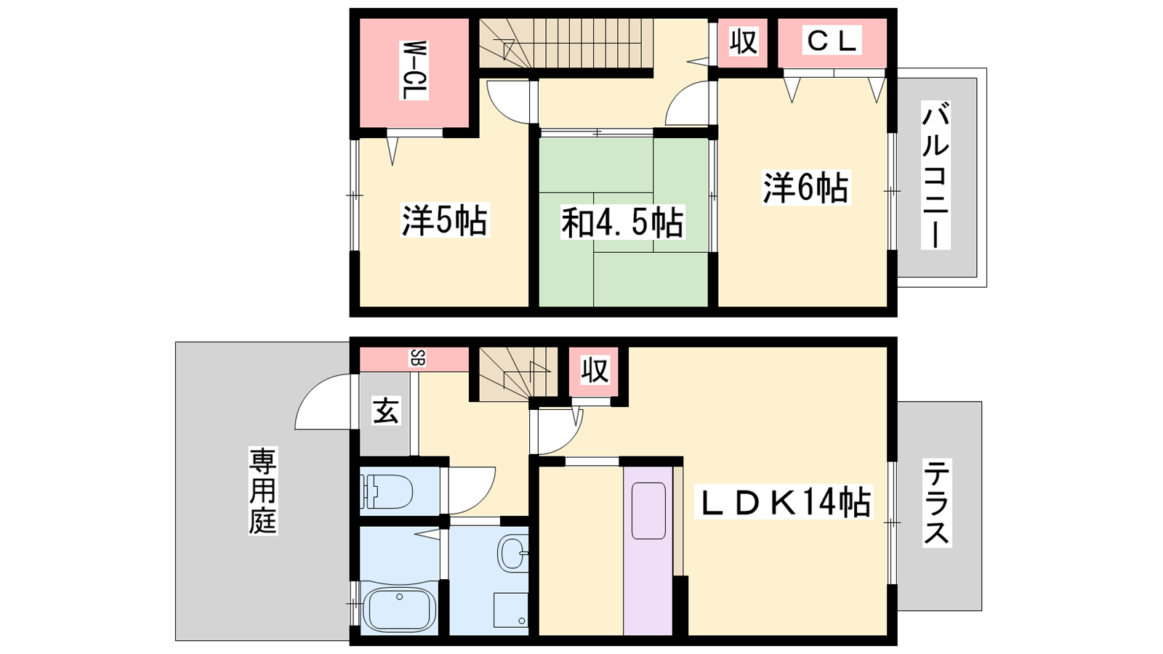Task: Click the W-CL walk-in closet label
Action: (414, 70)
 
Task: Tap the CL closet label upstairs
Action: (832, 41)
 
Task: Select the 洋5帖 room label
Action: (445, 221)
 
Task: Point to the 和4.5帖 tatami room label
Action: (622, 222)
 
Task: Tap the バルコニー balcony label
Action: (935, 175)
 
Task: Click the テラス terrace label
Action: (937, 502)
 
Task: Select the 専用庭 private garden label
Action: (262, 490)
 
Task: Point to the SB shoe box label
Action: (418, 358)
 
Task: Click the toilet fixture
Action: (389, 491)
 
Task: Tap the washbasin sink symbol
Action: (513, 553)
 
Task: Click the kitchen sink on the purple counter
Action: (648, 511)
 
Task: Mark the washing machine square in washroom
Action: (511, 610)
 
